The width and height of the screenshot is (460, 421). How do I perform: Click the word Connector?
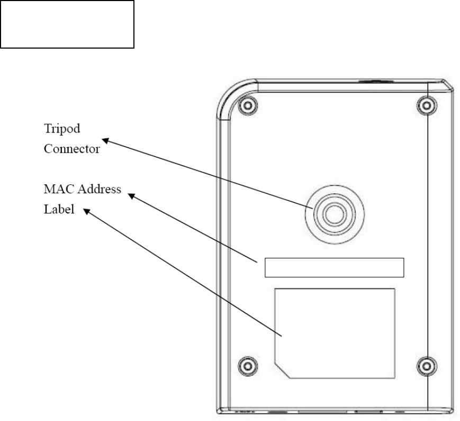(71, 148)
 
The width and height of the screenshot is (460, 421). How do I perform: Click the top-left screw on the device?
(245, 106)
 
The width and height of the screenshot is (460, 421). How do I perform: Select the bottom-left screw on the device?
(245, 364)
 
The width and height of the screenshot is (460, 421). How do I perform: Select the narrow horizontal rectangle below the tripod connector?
(334, 267)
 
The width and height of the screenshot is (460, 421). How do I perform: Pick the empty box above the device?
(67, 24)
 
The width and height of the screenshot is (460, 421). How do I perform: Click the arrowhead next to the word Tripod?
(104, 140)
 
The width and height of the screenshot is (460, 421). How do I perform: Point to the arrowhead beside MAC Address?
(132, 196)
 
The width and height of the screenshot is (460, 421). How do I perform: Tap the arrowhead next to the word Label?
(88, 211)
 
